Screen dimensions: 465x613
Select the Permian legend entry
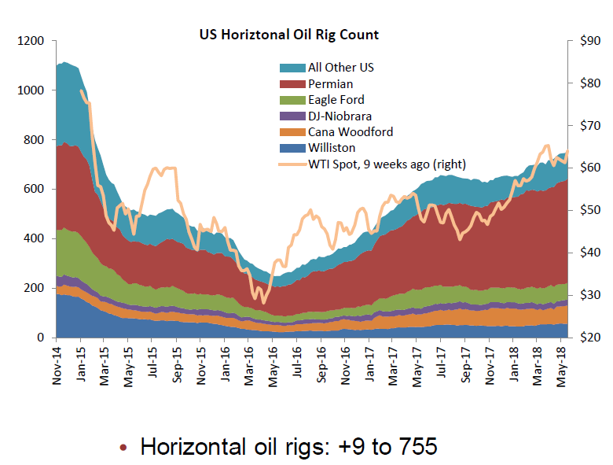(x=330, y=83)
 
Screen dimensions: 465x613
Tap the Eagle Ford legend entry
(x=336, y=100)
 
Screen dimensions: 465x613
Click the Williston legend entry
(x=331, y=148)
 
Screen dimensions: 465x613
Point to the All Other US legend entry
(x=340, y=68)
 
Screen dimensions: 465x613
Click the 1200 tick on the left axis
(x=31, y=41)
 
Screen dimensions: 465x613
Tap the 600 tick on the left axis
(x=35, y=190)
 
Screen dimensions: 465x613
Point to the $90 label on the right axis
(x=589, y=41)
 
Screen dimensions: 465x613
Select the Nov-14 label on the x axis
(x=56, y=367)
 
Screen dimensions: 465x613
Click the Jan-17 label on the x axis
(x=369, y=367)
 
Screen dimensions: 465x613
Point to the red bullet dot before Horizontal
(x=123, y=448)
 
